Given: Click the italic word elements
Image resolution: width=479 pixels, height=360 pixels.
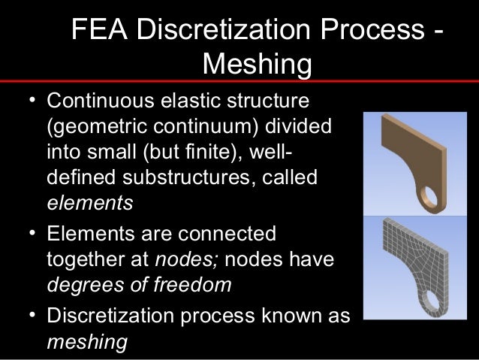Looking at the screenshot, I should point(89,203).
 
